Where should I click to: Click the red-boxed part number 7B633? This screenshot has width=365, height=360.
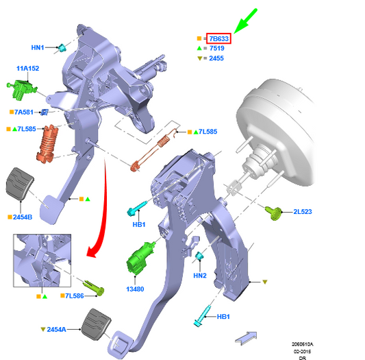(219, 38)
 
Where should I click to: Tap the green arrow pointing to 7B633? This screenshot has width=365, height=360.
(245, 21)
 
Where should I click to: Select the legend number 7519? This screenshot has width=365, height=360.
(216, 48)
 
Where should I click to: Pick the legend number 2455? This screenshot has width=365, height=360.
(216, 58)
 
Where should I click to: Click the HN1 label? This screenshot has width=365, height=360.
(38, 47)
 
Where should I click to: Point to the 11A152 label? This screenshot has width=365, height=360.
(27, 69)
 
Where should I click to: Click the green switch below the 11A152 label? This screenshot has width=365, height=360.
(21, 90)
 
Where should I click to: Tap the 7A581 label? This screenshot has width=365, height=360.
(24, 112)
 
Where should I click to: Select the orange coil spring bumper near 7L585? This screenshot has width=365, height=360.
(47, 143)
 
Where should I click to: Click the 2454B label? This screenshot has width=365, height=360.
(23, 217)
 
